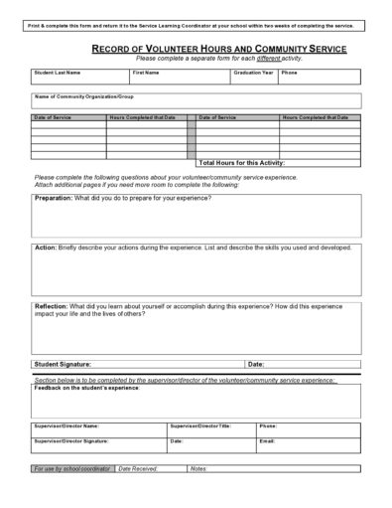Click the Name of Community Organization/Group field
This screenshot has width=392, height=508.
pos(196,101)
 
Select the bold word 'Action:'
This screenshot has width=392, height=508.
pos(46,247)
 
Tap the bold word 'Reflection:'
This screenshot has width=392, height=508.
pos(52,306)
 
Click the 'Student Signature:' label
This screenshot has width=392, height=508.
pos(63,365)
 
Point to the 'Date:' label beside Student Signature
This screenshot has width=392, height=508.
pos(256,365)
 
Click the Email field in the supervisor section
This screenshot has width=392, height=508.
pos(308,442)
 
